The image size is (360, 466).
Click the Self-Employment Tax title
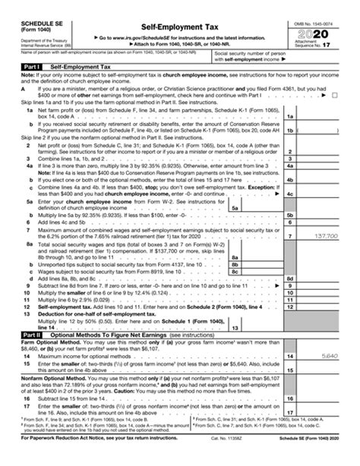(x=179, y=25)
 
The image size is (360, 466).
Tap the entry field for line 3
(x=327, y=159)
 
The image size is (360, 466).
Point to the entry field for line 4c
(x=327, y=194)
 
